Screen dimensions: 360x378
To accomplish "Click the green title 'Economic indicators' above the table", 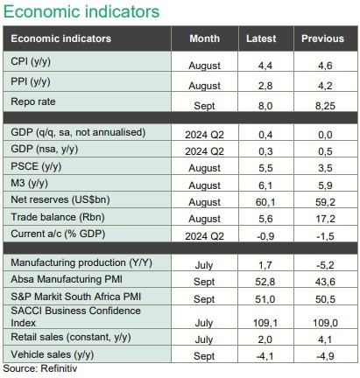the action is pos(81,11).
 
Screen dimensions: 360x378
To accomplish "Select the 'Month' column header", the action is pos(204,38).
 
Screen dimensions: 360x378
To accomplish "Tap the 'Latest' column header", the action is pos(261,38).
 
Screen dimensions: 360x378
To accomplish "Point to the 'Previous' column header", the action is pos(322,38).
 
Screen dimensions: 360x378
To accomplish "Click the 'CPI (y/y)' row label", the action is pos(31,61).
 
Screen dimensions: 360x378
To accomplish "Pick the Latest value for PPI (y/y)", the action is pos(265,86).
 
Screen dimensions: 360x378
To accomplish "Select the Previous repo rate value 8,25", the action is pos(325,106).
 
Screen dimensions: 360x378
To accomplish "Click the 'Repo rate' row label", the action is pos(33,101).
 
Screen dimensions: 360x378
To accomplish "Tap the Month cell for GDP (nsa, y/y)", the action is pos(204,151).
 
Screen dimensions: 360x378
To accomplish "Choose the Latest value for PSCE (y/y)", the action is pos(265,168).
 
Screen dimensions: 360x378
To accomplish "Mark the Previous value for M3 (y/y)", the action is pos(325,185).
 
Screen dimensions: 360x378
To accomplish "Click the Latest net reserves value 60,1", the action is pos(265,202).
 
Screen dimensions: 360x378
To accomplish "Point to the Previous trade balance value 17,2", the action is pos(325,219).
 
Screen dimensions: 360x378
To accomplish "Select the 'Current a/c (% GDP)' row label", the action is pos(58,234).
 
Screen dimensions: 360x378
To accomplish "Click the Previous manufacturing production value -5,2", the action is pos(325,265).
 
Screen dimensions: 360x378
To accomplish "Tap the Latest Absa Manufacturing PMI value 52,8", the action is pos(265,282).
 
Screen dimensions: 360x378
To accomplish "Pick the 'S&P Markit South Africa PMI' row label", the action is pos(76,297).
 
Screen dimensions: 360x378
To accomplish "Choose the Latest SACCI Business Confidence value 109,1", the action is pos(265,323).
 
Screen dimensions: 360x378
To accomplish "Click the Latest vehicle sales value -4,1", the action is pos(265,356).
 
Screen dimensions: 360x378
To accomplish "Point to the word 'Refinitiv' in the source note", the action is pos(59,368).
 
